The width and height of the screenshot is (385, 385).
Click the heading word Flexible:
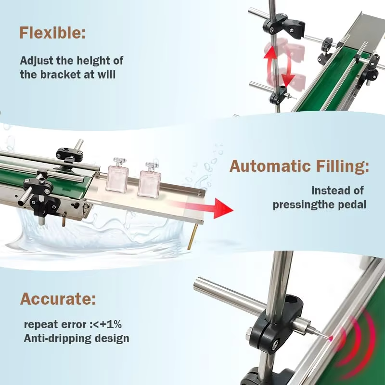[52, 33]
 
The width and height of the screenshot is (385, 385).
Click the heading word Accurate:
[58, 299]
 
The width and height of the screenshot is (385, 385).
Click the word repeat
[40, 323]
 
